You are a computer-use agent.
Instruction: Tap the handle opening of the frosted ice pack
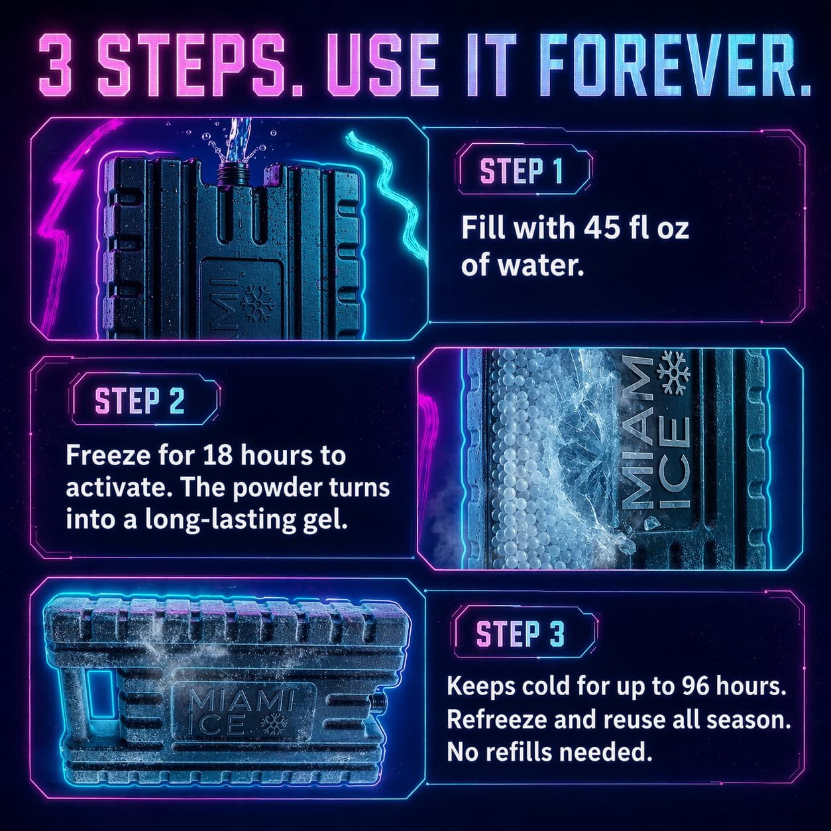[97, 698]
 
